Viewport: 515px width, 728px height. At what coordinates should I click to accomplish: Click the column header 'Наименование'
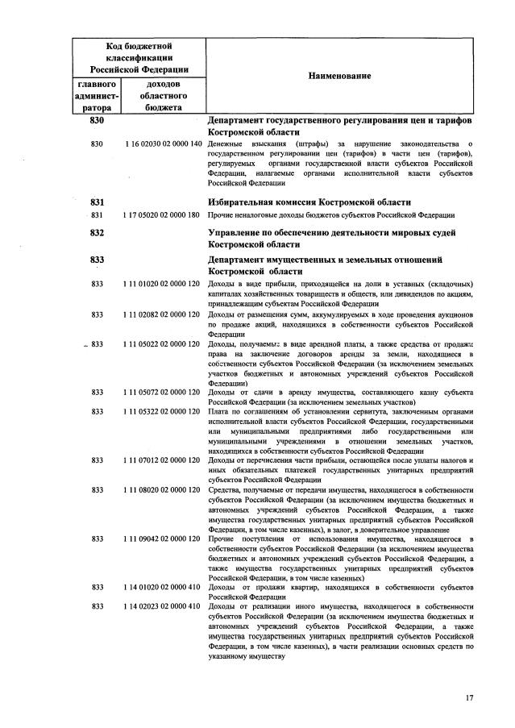[x=339, y=76]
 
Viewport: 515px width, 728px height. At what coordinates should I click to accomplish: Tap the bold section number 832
[x=98, y=232]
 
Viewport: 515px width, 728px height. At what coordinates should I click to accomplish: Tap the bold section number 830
[x=98, y=120]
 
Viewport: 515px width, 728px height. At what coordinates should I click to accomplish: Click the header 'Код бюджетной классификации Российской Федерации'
[x=138, y=58]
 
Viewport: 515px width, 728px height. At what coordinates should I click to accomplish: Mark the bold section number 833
[x=98, y=260]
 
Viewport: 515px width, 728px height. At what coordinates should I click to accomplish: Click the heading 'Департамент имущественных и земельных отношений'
[x=326, y=260]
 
